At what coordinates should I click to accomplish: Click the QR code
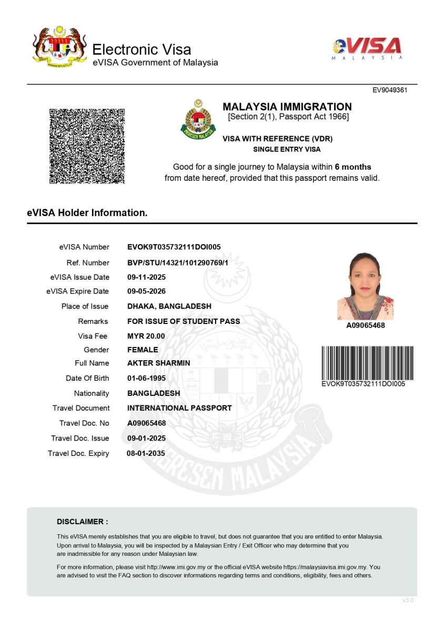click(x=87, y=146)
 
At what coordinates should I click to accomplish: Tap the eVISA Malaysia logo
click(x=368, y=49)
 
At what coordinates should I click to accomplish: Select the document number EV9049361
click(x=390, y=90)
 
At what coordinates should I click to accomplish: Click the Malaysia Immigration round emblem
click(x=198, y=119)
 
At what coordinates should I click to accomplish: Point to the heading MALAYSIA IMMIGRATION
click(x=287, y=107)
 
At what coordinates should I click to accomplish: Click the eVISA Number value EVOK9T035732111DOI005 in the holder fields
click(x=174, y=247)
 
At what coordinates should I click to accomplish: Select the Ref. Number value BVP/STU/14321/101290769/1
click(x=178, y=263)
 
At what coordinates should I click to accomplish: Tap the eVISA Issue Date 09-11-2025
click(x=147, y=277)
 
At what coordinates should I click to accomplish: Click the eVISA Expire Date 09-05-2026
click(x=147, y=291)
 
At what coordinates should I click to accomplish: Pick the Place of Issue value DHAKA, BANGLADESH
click(x=169, y=307)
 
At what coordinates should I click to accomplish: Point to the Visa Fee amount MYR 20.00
click(x=146, y=336)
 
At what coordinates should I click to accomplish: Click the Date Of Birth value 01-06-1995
click(x=147, y=378)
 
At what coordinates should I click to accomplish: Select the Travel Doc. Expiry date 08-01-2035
click(x=146, y=453)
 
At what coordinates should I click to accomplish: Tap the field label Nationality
click(x=92, y=393)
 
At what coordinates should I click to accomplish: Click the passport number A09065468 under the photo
click(x=366, y=326)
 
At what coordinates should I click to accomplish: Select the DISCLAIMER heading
click(x=83, y=522)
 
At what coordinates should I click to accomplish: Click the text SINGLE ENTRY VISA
click(x=287, y=149)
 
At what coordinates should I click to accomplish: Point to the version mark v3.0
click(x=408, y=600)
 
